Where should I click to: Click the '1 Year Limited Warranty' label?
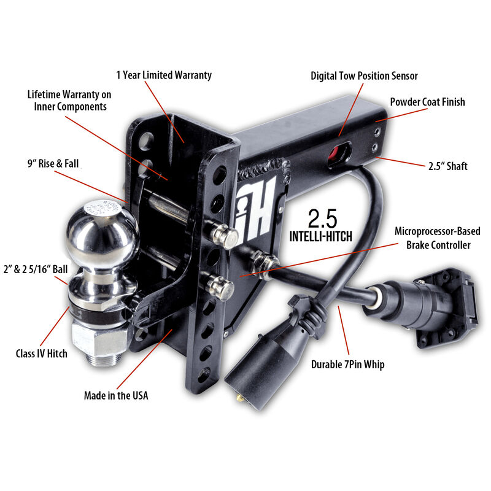coord(164,75)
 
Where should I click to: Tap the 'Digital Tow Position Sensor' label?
coord(363,76)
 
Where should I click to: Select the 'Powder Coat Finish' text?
coord(427,102)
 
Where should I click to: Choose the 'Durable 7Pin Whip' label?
coord(347,365)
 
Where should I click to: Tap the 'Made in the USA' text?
coord(116,395)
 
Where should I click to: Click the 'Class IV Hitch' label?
coord(42,354)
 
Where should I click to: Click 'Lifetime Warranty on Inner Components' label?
coord(68,101)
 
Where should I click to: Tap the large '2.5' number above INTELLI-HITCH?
coord(323,219)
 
